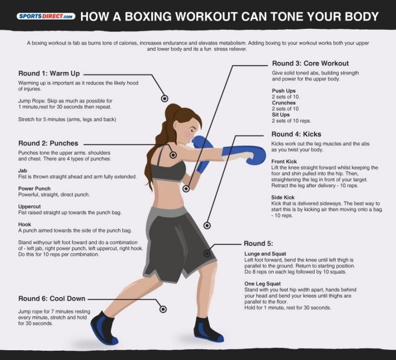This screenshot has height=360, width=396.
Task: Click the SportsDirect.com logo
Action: pyautogui.click(x=46, y=16)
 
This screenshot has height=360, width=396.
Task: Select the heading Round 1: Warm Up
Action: pyautogui.click(x=48, y=73)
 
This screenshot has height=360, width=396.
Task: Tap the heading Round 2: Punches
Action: pyautogui.click(x=48, y=143)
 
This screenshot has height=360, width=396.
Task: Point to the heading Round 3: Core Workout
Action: pyautogui.click(x=310, y=63)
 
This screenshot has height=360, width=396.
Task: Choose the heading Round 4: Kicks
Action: pyautogui.click(x=296, y=134)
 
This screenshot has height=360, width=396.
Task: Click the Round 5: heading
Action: pyautogui.click(x=258, y=243)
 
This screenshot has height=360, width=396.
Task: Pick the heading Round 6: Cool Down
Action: pyautogui.click(x=52, y=299)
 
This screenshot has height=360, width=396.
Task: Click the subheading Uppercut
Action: pyautogui.click(x=29, y=206)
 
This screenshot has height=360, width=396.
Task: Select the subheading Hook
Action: pyautogui.click(x=25, y=224)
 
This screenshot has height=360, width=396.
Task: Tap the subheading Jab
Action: pyautogui.click(x=22, y=170)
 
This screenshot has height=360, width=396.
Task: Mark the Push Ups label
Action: pyautogui.click(x=283, y=91)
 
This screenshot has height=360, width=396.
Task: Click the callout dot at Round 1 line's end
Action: pyautogui.click(x=164, y=98)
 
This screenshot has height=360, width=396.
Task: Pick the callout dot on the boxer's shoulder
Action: pyautogui.click(x=173, y=155)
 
